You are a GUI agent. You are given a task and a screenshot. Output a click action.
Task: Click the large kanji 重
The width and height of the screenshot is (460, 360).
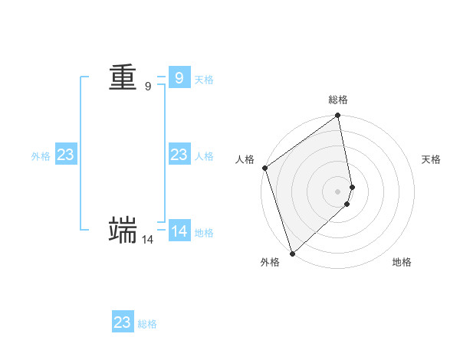click(x=123, y=77)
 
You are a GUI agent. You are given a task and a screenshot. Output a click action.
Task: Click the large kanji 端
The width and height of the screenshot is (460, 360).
click(x=123, y=230)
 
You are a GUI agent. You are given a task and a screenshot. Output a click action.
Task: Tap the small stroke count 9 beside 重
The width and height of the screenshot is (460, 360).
click(x=148, y=87)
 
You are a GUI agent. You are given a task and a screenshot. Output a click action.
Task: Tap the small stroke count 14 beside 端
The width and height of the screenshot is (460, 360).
click(x=147, y=240)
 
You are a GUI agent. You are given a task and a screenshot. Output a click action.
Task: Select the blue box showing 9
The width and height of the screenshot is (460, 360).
click(x=179, y=77)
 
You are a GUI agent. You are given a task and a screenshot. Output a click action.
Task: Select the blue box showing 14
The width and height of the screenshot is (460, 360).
click(x=179, y=231)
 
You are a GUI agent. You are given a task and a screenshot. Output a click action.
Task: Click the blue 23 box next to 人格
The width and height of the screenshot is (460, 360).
click(x=179, y=155)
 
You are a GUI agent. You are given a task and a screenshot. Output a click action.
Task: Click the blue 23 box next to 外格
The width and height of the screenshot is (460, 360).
click(x=65, y=155)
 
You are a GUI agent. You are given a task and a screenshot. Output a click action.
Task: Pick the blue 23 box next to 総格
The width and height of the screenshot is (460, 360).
click(x=122, y=322)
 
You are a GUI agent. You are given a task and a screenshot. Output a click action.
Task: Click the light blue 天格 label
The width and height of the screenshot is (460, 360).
click(x=204, y=80)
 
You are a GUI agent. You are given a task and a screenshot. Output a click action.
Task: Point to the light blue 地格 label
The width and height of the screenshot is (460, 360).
click(x=204, y=233)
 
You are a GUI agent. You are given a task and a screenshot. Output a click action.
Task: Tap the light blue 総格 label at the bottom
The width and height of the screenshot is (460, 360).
click(x=147, y=324)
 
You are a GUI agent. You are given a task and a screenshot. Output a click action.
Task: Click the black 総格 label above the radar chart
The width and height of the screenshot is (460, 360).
click(x=338, y=100)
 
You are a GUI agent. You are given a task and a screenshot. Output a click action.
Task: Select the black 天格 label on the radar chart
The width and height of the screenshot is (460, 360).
click(x=431, y=159)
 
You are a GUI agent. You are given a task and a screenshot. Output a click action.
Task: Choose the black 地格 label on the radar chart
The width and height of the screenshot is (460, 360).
click(x=402, y=262)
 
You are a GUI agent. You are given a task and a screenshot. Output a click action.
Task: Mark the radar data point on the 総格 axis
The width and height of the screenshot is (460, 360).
click(x=338, y=116)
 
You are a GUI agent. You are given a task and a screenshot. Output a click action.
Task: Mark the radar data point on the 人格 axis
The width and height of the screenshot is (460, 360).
click(x=264, y=168)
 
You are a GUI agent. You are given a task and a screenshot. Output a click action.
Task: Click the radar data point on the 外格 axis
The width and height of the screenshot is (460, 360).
click(x=292, y=254)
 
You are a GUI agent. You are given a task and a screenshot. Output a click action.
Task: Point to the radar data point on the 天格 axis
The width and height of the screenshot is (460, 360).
click(x=353, y=187)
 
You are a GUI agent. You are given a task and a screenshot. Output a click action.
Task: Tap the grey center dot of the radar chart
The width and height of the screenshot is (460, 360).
click(x=338, y=191)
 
